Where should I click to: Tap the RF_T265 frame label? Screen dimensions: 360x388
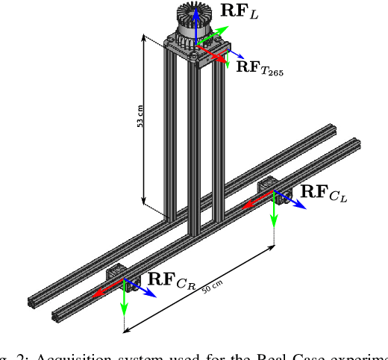tap(259, 67)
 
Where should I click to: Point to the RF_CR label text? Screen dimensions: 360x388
tap(172, 281)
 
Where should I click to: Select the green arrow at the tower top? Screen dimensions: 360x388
tap(210, 34)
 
